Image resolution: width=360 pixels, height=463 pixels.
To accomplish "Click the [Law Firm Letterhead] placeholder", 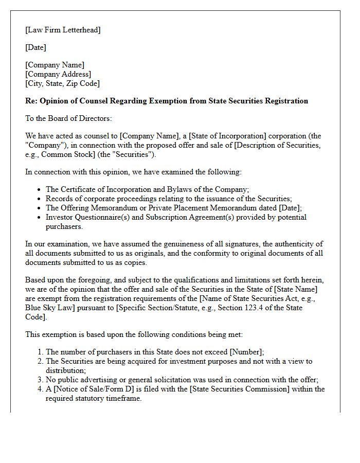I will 63,30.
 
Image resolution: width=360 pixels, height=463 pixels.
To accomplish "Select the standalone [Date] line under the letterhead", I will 35,47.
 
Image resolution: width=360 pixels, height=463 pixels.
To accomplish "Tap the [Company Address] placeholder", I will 58,74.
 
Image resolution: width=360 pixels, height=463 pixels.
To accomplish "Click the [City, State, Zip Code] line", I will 62,83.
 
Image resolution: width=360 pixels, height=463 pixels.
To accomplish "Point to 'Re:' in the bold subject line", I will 31,101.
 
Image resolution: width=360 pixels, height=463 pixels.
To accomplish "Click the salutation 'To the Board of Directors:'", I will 68,118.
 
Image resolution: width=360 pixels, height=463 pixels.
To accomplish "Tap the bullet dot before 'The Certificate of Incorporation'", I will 40,190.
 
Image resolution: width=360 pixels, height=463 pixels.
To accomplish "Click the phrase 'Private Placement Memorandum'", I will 205,208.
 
